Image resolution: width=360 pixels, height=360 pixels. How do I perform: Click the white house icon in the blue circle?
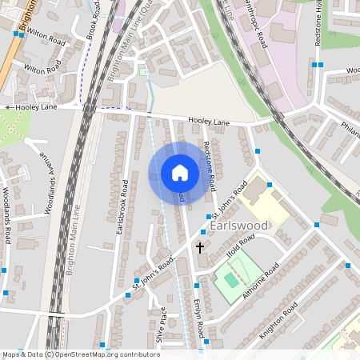(x=180, y=173)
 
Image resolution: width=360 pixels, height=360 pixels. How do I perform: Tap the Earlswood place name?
(x=241, y=227)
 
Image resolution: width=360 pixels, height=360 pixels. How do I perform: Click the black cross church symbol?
(x=200, y=248)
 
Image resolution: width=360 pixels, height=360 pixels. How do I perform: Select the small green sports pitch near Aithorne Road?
(x=230, y=280)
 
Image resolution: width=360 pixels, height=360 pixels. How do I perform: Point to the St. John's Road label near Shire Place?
(x=154, y=274)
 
